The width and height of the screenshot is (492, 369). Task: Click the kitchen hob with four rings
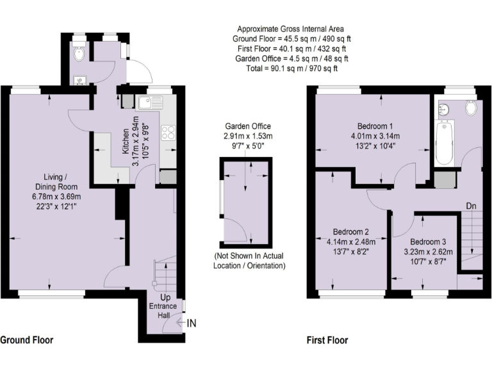[x=169, y=133]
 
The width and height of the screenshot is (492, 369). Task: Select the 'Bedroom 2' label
[x=350, y=231]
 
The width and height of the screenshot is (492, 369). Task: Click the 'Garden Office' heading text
[x=247, y=126]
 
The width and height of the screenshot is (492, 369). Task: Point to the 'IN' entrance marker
[x=191, y=324]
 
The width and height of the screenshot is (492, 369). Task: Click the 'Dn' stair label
[x=471, y=206]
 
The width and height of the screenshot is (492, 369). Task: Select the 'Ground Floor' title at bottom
[x=26, y=340]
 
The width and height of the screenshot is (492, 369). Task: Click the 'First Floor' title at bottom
[x=327, y=340]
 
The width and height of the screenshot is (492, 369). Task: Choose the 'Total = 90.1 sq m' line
[x=291, y=68]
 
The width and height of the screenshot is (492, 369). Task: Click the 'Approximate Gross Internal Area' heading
[x=291, y=29]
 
